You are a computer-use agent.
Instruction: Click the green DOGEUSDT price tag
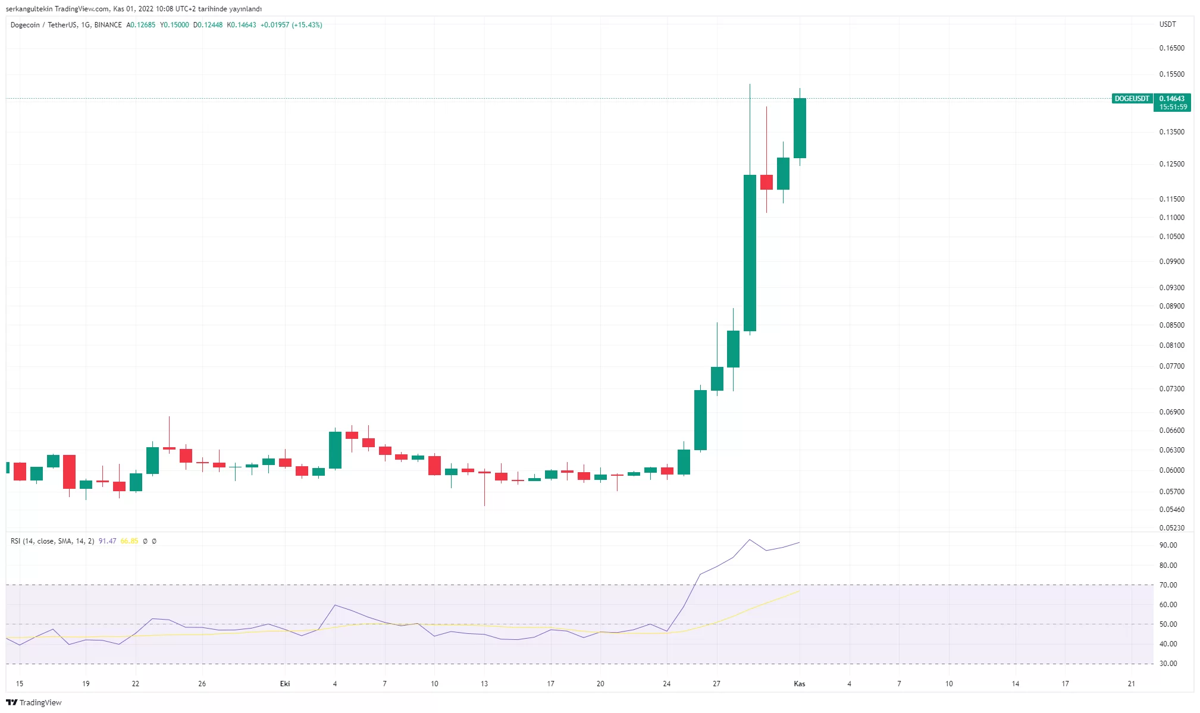[1132, 99]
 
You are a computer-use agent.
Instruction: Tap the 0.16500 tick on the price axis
[1171, 48]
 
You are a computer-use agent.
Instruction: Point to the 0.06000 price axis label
[1171, 470]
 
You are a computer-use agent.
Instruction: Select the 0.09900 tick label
[1171, 262]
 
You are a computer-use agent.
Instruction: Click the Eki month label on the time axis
[285, 684]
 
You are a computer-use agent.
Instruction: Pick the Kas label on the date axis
[799, 684]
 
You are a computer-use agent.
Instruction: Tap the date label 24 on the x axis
[666, 684]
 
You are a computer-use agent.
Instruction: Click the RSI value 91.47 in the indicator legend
[107, 541]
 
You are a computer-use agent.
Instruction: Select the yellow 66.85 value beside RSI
[129, 541]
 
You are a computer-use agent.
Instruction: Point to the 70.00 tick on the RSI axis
[1168, 585]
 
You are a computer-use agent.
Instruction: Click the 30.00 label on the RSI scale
[1168, 664]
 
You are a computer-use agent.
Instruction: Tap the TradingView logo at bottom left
[34, 702]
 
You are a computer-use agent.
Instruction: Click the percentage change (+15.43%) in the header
[307, 25]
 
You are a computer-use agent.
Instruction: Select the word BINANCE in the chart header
[108, 25]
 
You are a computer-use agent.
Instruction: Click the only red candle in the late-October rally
[766, 182]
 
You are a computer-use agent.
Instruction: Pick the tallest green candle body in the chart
[750, 253]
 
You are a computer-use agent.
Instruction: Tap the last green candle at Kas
[800, 128]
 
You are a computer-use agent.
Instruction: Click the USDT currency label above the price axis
[1167, 24]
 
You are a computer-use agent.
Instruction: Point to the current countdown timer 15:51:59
[1173, 107]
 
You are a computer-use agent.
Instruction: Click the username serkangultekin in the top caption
[29, 9]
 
